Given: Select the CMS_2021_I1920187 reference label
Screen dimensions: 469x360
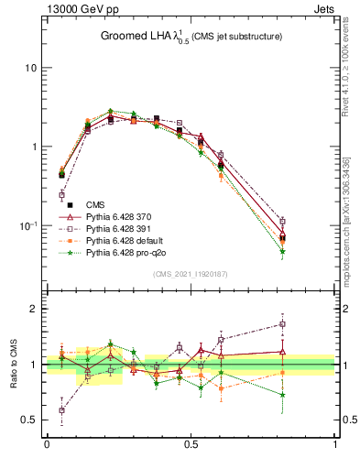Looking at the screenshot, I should pyautogui.click(x=191, y=273).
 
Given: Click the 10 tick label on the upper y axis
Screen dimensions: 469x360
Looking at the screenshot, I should pyautogui.click(x=30, y=69).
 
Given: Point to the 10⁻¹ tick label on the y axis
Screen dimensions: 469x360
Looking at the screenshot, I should pyautogui.click(x=27, y=224).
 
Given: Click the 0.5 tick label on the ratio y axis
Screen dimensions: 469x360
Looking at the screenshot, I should pyautogui.click(x=29, y=420).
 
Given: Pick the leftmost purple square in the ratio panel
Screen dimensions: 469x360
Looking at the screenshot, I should pyautogui.click(x=61, y=410).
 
